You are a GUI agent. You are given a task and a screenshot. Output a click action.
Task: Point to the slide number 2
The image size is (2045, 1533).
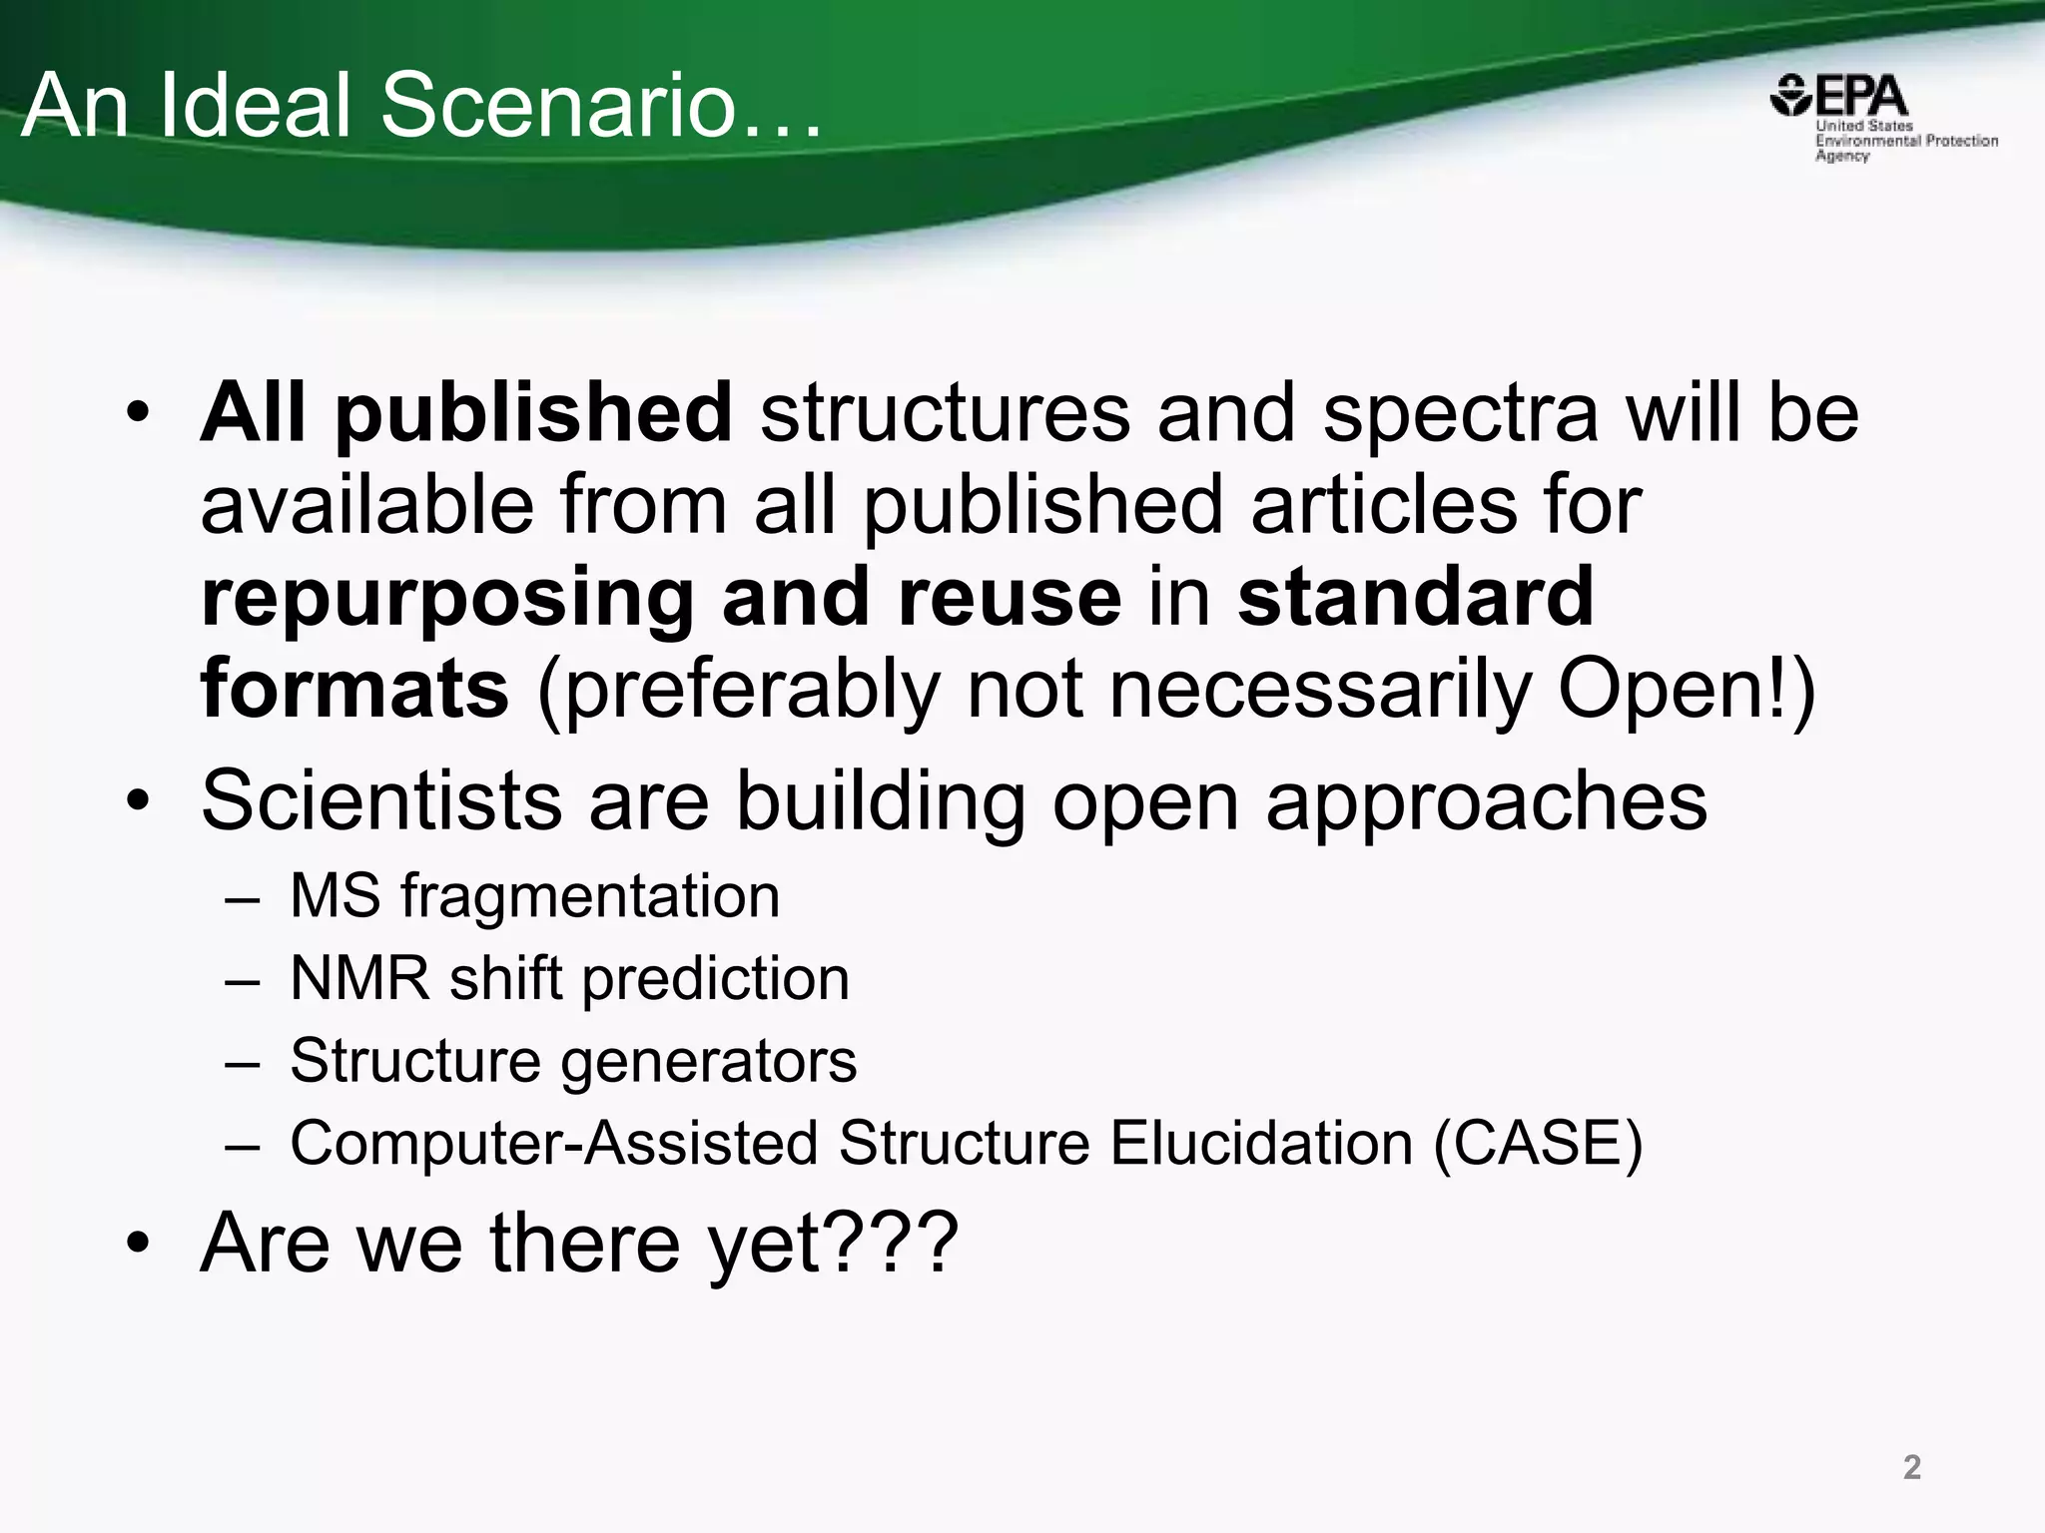coord(1911,1466)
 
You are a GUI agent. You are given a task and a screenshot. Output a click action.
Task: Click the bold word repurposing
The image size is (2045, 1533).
coord(447,599)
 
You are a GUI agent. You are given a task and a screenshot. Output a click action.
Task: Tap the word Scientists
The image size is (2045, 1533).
coord(381,799)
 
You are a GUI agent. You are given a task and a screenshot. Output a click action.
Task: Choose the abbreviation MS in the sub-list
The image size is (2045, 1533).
coord(335,895)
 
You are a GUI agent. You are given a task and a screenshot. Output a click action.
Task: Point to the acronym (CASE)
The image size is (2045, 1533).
coord(1538,1143)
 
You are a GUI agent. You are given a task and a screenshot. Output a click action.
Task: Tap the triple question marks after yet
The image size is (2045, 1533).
coord(893,1244)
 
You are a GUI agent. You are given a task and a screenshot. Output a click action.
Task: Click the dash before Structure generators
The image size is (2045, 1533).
coord(243,1061)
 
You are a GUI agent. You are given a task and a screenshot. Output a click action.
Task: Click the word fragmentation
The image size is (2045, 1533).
coord(590,896)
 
